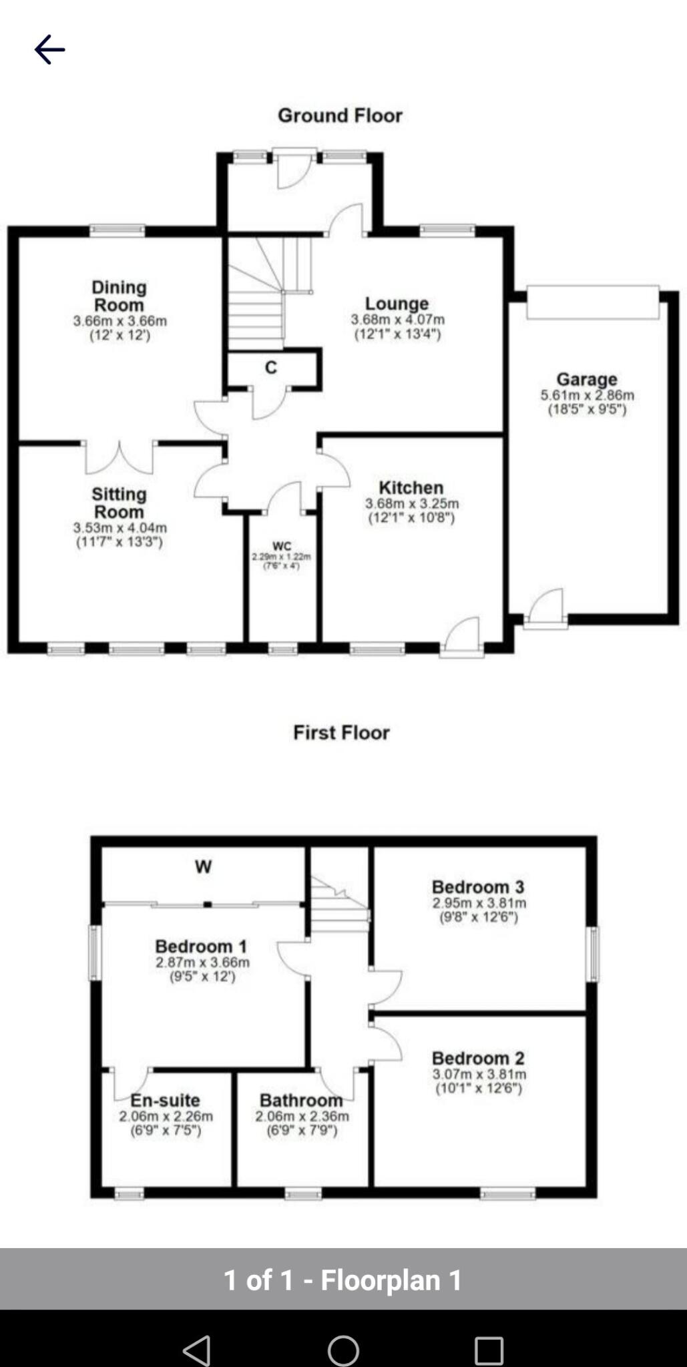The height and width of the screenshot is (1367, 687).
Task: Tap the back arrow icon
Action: pyautogui.click(x=49, y=49)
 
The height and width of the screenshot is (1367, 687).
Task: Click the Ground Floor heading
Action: pyautogui.click(x=340, y=115)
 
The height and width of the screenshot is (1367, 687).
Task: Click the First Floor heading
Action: pyautogui.click(x=341, y=732)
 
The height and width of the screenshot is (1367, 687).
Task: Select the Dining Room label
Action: pyautogui.click(x=119, y=296)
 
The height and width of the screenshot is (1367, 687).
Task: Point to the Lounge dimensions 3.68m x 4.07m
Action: pyautogui.click(x=397, y=320)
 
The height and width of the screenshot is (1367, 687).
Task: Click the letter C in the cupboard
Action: pyautogui.click(x=270, y=368)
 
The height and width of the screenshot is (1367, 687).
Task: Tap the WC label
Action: pyautogui.click(x=282, y=546)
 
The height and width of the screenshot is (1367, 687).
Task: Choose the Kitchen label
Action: pyautogui.click(x=411, y=487)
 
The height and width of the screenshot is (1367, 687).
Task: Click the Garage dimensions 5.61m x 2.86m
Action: pyautogui.click(x=587, y=395)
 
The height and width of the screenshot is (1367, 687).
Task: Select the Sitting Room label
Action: pyautogui.click(x=119, y=503)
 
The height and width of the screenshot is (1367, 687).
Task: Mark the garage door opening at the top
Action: pyautogui.click(x=592, y=302)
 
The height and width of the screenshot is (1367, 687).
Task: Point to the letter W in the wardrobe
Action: pyautogui.click(x=203, y=867)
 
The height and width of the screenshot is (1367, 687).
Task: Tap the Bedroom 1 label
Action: pyautogui.click(x=201, y=946)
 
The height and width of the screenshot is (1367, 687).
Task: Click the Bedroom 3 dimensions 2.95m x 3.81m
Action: pyautogui.click(x=479, y=903)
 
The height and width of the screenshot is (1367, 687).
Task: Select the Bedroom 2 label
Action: pyautogui.click(x=478, y=1058)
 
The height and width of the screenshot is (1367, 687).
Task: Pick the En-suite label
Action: pyautogui.click(x=165, y=1101)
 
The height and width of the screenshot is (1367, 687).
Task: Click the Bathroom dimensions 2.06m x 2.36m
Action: pyautogui.click(x=302, y=1116)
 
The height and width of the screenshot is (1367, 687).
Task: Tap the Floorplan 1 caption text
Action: pyautogui.click(x=342, y=1280)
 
